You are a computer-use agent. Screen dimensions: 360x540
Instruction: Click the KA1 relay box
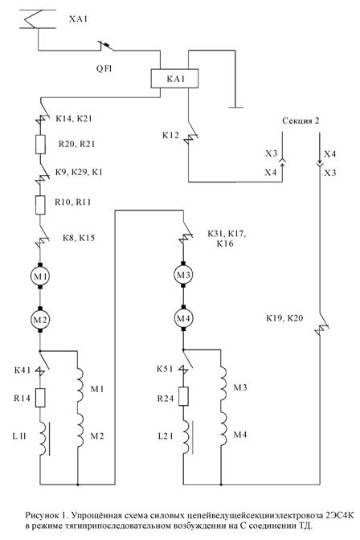pos(174,79)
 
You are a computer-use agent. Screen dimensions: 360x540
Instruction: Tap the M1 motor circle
pos(40,276)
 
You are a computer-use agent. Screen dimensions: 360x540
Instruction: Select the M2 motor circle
pos(40,320)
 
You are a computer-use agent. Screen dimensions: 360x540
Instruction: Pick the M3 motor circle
pos(183,275)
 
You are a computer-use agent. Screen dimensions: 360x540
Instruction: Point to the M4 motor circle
pos(183,318)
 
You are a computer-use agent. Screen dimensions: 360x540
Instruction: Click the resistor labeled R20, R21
pos(40,145)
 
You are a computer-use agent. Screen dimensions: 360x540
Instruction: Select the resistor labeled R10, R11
pos(40,205)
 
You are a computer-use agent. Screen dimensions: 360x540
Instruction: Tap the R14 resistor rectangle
pos(40,398)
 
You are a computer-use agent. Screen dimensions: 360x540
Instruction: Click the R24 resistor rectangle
pos(184,396)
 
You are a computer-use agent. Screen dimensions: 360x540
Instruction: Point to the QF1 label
pos(104,69)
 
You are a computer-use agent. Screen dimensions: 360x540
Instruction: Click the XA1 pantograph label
pos(78,19)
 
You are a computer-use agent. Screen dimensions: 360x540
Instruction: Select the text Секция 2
pos(301,121)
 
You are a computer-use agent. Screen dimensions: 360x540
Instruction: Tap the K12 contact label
pos(171,135)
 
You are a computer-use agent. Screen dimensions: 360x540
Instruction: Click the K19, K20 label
pos(284,318)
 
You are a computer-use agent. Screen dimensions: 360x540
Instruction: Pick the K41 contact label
pos(22,370)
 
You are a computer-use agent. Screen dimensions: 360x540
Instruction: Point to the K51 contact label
pos(165,369)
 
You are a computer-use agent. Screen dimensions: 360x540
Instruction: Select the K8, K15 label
pos(79,238)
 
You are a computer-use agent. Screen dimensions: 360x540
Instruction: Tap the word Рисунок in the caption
pos(42,516)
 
